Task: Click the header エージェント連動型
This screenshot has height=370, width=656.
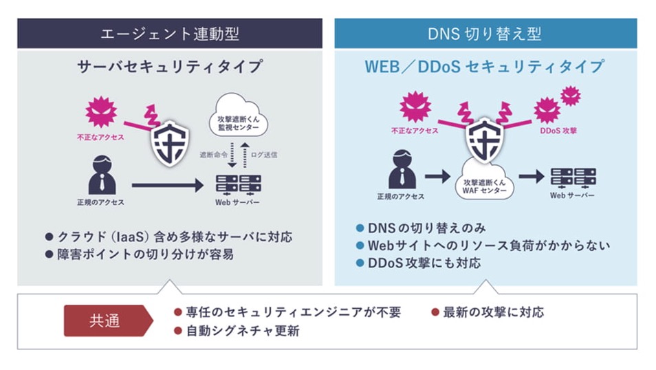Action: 170,34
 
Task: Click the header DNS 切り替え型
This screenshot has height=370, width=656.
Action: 485,34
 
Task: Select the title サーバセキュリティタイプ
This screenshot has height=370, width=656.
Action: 170,67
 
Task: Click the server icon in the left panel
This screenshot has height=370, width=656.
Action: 237,184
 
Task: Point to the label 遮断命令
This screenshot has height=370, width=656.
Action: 212,155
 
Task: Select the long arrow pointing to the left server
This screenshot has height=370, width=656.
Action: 168,185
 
